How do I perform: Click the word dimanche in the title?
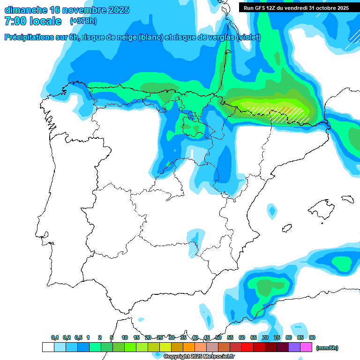click(x=25, y=10)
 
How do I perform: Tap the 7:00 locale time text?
click(x=33, y=21)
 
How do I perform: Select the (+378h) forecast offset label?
click(x=83, y=21)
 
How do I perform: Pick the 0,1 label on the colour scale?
click(x=55, y=337)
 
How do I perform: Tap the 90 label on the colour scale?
click(x=312, y=337)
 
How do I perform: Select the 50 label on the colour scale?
click(x=218, y=337)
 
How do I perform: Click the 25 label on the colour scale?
click(x=160, y=337)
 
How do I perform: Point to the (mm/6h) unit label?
click(x=327, y=348)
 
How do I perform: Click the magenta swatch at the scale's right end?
click(x=306, y=347)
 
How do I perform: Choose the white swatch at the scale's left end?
click(x=48, y=347)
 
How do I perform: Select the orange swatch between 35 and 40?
click(x=189, y=347)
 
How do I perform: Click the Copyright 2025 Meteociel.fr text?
click(x=199, y=356)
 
